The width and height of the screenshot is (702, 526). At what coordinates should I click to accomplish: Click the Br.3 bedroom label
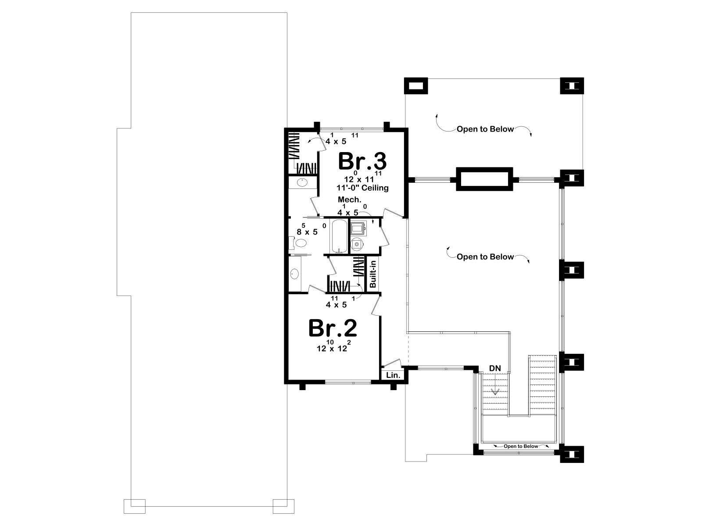coord(362,161)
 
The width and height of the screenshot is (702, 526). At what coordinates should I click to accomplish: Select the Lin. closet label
coord(393,375)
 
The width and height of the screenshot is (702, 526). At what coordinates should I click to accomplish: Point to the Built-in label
coord(372,274)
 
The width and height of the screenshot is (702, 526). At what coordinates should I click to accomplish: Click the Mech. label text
coord(350,199)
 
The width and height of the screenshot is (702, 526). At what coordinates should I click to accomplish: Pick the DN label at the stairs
coord(495,368)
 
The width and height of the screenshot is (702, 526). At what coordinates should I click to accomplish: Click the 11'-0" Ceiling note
coord(363,188)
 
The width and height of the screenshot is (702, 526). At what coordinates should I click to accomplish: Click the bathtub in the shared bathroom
coord(338,236)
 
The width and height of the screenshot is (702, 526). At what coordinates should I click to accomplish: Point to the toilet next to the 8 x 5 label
coord(299,243)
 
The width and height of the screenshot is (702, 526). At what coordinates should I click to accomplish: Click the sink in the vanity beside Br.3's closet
coord(302,183)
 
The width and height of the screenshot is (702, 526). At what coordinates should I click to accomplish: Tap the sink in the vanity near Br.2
coord(294,274)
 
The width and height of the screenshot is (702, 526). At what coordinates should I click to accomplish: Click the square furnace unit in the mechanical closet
coord(357,228)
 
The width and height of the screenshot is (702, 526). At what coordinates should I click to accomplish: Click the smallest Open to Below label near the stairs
coord(521,446)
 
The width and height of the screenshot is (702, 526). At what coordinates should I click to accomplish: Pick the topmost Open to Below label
coord(485,129)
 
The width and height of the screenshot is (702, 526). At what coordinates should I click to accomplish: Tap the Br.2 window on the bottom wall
coord(348,381)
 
